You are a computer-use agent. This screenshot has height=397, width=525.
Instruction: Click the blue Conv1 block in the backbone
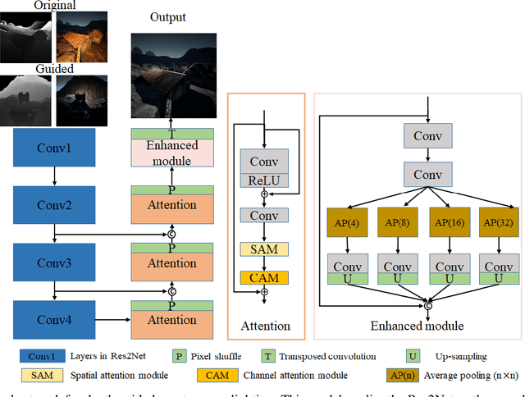tap(53, 148)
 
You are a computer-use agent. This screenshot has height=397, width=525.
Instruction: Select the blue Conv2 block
tap(53, 205)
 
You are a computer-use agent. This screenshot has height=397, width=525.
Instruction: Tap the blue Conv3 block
tap(53, 263)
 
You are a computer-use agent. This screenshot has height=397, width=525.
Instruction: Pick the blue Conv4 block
tap(53, 320)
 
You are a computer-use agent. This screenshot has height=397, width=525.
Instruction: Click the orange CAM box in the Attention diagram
tap(263, 278)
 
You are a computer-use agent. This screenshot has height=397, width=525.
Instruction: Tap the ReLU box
tap(263, 180)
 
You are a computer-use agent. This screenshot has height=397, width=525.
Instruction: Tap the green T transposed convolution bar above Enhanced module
tap(173, 134)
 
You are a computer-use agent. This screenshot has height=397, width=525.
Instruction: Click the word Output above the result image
tap(168, 17)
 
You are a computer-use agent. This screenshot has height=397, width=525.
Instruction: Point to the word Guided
tap(54, 69)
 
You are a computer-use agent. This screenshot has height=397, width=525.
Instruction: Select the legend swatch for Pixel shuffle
tap(178, 356)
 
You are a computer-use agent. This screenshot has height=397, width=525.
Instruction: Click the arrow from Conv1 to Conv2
tap(53, 176)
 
